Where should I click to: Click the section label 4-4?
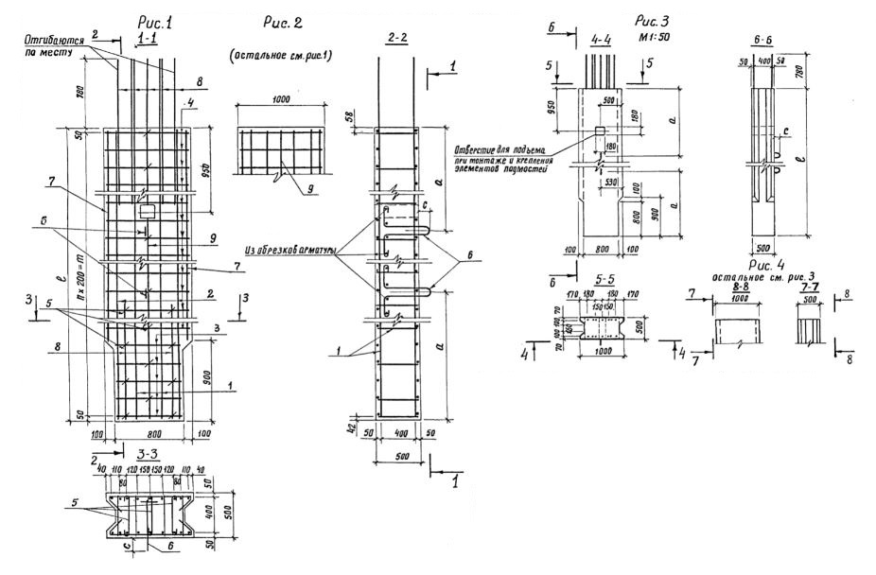tap(604, 41)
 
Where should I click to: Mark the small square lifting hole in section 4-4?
tap(600, 130)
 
